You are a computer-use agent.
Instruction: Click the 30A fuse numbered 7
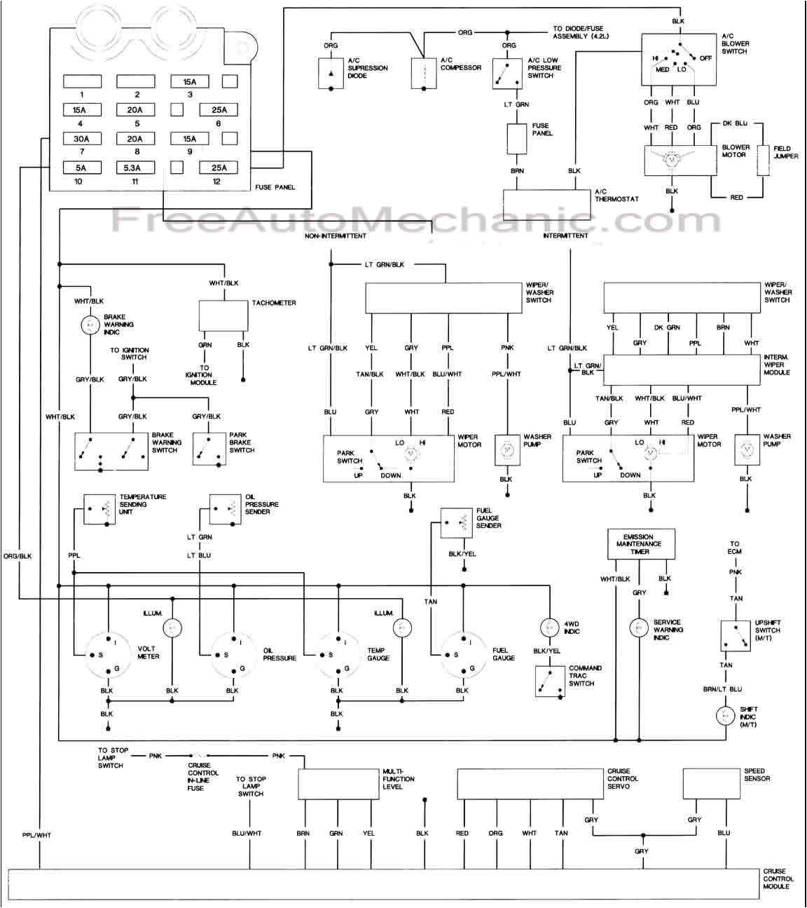click(x=82, y=139)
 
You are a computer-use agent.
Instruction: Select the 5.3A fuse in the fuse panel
click(x=135, y=168)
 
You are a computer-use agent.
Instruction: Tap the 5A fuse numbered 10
click(x=82, y=168)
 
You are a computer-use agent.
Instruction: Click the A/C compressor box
click(x=424, y=74)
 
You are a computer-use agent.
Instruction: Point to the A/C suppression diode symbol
click(x=331, y=74)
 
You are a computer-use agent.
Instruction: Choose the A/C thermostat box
click(x=547, y=205)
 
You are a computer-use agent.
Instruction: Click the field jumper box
click(x=764, y=160)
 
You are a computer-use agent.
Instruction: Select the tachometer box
click(x=223, y=316)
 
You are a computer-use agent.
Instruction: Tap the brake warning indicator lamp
click(x=90, y=325)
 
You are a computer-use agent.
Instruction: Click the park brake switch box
click(x=209, y=449)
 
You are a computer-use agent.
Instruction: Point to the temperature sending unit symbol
click(x=99, y=509)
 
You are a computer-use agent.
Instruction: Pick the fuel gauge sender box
click(x=456, y=522)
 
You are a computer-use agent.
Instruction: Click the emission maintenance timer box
click(x=641, y=544)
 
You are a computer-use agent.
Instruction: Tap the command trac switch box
click(x=550, y=682)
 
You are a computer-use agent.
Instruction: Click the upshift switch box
click(x=736, y=635)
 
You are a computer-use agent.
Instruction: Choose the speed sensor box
click(x=711, y=783)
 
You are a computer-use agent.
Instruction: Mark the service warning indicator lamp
click(x=639, y=628)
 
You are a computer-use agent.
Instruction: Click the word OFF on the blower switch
click(x=705, y=57)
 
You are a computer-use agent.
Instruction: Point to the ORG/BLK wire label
click(x=18, y=556)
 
